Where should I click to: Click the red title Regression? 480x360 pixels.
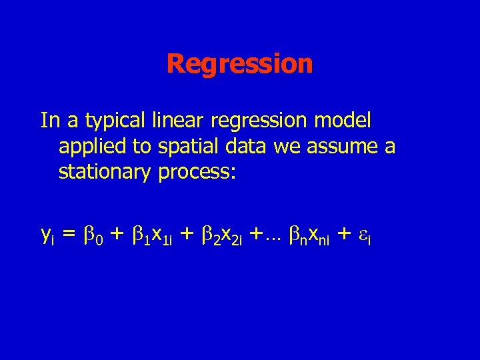tap(239, 65)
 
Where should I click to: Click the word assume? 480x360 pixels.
tap(339, 147)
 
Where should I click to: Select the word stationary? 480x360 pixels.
tap(105, 172)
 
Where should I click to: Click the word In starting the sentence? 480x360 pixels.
tap(49, 122)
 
